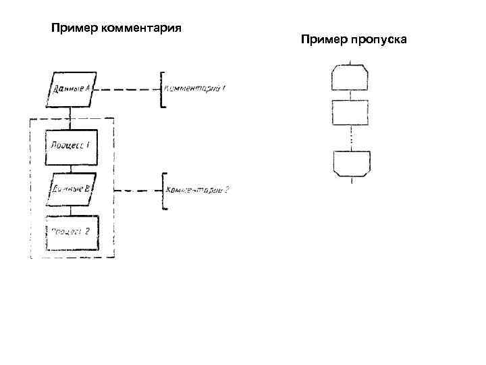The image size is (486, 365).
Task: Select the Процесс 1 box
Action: pos(71,147)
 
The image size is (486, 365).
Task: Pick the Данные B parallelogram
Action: pos(70,189)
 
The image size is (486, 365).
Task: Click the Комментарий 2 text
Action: pos(197,190)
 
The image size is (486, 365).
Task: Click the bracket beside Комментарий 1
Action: pos(161,89)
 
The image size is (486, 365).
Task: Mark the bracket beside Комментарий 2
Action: pos(163,191)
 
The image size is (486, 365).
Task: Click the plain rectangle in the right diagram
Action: pos(349,112)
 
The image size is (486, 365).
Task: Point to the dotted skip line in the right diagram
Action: pos(350,139)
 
